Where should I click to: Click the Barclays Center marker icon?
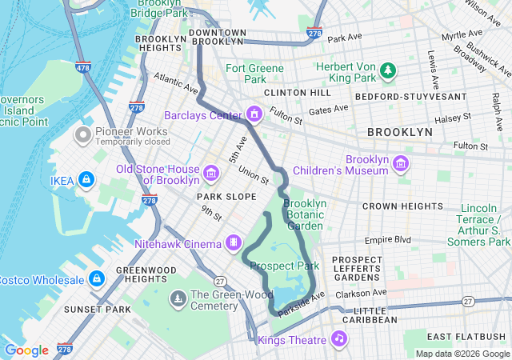(254, 114)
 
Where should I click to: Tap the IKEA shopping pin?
(86, 181)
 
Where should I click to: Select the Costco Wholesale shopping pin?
(96, 279)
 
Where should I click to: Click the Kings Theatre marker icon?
(339, 339)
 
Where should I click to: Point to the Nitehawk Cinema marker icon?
(234, 242)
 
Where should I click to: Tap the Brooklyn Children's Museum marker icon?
(401, 164)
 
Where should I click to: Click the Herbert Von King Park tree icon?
(389, 72)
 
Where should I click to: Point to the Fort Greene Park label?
(254, 74)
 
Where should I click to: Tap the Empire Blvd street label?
(387, 239)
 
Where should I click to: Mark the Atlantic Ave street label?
(176, 82)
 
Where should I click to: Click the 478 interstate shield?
(82, 68)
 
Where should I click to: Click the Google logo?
(26, 350)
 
